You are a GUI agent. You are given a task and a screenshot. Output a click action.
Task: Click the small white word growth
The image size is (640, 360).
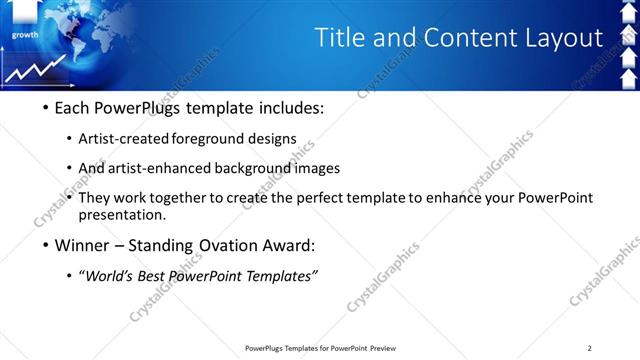(x=25, y=34)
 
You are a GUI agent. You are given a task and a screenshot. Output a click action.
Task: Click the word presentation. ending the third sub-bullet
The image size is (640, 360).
(x=122, y=214)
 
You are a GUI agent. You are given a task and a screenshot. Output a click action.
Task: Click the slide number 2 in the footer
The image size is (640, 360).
(x=589, y=348)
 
